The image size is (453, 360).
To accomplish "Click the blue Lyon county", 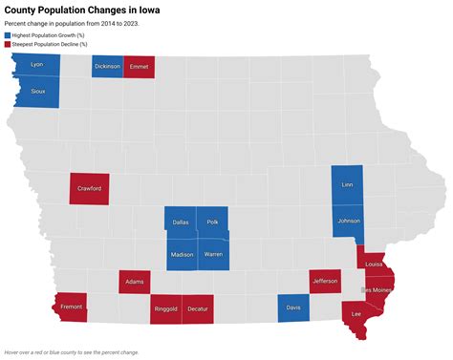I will (37, 65).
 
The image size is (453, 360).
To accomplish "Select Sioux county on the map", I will (38, 92).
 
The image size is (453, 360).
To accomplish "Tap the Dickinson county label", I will (107, 67).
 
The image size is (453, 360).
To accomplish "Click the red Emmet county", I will (139, 67).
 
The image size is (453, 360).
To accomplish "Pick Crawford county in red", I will (90, 188).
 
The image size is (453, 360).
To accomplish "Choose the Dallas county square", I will (180, 222).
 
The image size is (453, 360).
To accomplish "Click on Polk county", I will (212, 222).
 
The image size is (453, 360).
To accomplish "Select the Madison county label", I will (182, 255).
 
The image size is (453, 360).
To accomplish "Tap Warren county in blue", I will (213, 255).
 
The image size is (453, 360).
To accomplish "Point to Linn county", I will (346, 184).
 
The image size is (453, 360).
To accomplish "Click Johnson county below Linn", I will (348, 221).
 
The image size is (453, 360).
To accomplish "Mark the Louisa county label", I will (374, 265).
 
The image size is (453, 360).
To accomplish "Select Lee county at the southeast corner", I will (356, 314).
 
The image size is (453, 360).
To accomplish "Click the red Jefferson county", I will (325, 281).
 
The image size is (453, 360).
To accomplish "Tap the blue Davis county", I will (293, 307).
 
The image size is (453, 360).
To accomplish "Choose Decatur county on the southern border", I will (197, 309).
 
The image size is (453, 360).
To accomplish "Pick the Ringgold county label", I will (164, 309).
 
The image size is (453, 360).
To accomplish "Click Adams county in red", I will (135, 282).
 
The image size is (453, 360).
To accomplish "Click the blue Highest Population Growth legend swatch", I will (9, 34).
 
